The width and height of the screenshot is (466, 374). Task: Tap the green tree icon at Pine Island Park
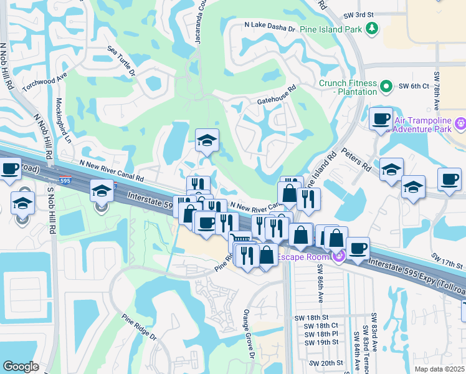[x=372, y=28]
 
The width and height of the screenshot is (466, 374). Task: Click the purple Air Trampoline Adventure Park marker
[x=460, y=123]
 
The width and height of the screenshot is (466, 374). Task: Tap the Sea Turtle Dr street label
[x=121, y=61]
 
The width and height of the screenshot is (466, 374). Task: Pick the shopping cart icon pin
[x=240, y=239]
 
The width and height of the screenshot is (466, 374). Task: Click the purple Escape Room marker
[x=340, y=257]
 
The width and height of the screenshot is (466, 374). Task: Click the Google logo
[x=21, y=366]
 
